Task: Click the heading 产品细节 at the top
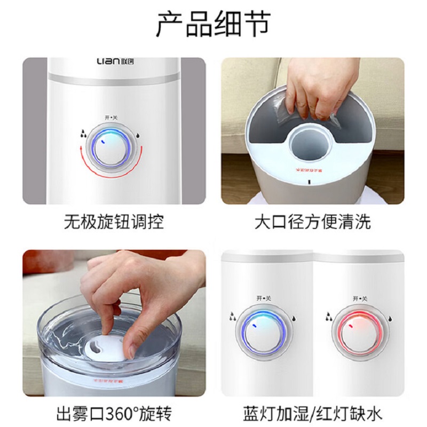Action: click(x=213, y=25)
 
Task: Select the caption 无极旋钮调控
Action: click(x=114, y=222)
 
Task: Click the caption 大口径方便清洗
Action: click(x=312, y=222)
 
